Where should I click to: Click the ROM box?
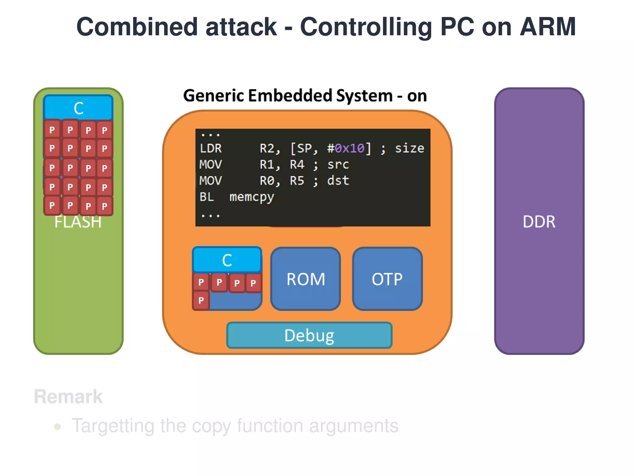306,279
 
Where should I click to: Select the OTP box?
387,279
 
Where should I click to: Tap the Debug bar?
309,335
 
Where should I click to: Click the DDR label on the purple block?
539,222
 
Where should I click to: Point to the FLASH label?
78,222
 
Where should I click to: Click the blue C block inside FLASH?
78,108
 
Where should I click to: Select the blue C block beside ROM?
227,260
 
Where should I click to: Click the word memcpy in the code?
252,197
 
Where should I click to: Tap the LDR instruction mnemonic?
211,148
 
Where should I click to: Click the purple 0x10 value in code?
350,148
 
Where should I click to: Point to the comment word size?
409,148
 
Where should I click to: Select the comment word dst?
338,181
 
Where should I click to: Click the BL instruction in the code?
206,197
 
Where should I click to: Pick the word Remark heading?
68,396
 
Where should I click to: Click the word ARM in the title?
547,27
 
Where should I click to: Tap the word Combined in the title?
137,27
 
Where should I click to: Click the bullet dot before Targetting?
57,427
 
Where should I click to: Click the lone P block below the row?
201,300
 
